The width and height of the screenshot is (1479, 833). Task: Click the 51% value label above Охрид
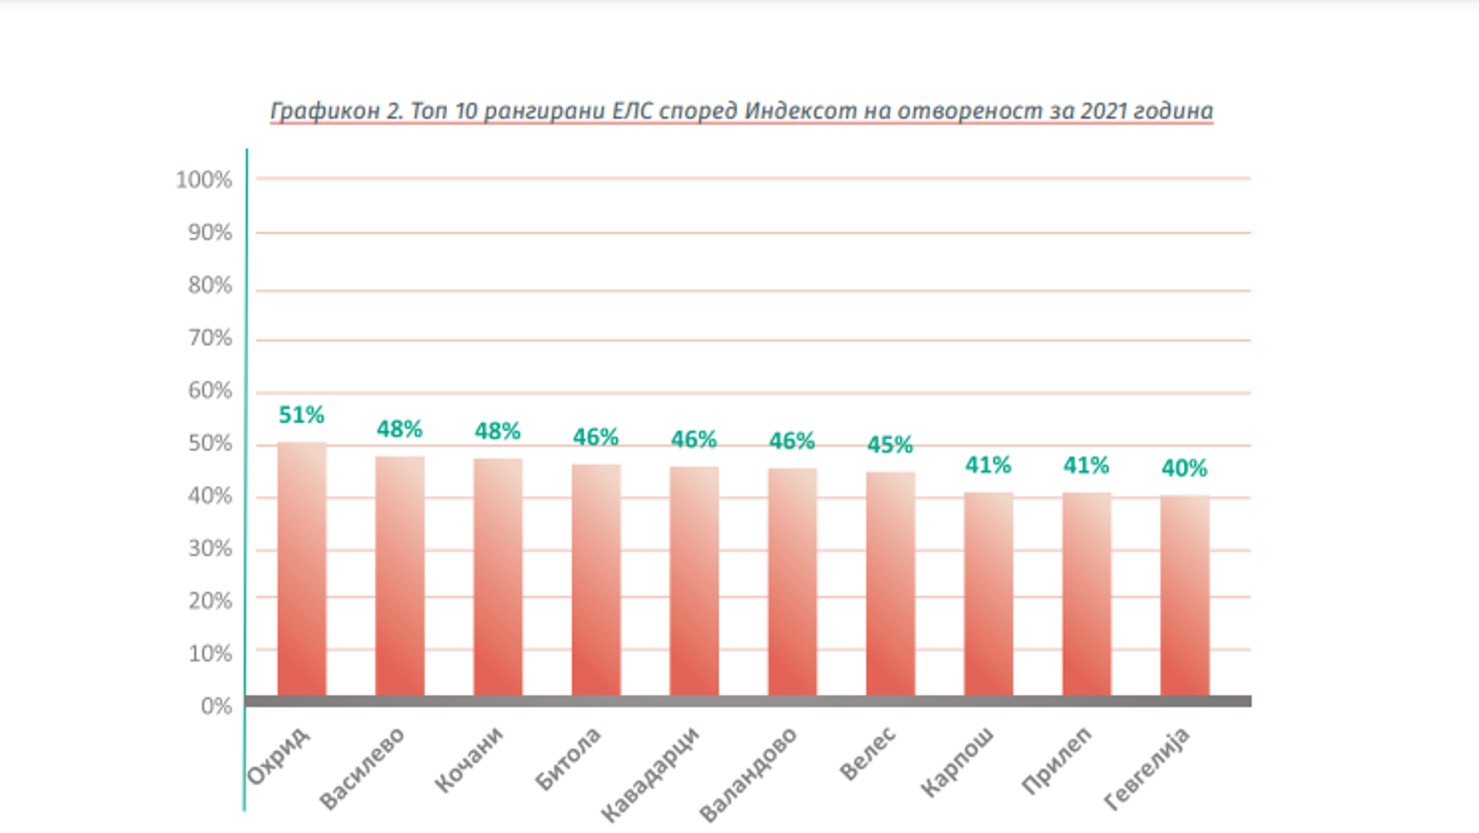(302, 415)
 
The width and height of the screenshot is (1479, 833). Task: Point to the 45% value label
(890, 445)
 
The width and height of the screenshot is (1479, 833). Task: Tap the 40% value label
(1184, 468)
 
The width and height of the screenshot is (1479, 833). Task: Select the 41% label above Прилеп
(1087, 465)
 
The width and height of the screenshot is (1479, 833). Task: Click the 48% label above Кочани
(497, 430)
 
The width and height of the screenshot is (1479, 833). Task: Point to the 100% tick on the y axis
(204, 180)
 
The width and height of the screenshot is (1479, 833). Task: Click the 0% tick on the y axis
(216, 706)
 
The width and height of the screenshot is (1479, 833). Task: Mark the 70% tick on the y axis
(210, 338)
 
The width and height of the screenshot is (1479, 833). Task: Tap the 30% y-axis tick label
(210, 548)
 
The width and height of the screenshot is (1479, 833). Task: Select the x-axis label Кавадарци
(649, 774)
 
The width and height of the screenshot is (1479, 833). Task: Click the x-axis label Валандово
(747, 774)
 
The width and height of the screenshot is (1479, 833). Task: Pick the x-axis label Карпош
(957, 761)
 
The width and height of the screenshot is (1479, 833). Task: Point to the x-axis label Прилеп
(1056, 760)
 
